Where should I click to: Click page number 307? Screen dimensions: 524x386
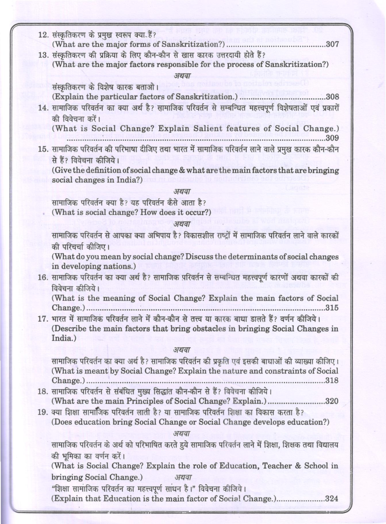(332, 44)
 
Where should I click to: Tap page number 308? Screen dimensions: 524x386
(332, 97)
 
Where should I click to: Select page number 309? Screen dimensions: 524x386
(332, 138)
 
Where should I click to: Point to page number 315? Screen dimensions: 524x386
(332, 308)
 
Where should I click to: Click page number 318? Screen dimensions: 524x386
(332, 380)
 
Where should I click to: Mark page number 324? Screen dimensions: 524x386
(332, 499)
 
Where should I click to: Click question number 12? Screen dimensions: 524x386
(43, 35)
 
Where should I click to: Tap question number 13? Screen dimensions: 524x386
(43, 55)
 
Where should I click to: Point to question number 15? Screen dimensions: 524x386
(43, 149)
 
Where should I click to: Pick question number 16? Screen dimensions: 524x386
(43, 278)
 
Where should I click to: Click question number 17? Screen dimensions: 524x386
(43, 319)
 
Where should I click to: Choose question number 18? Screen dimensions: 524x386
(43, 391)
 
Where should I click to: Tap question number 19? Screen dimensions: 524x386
(43, 412)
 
